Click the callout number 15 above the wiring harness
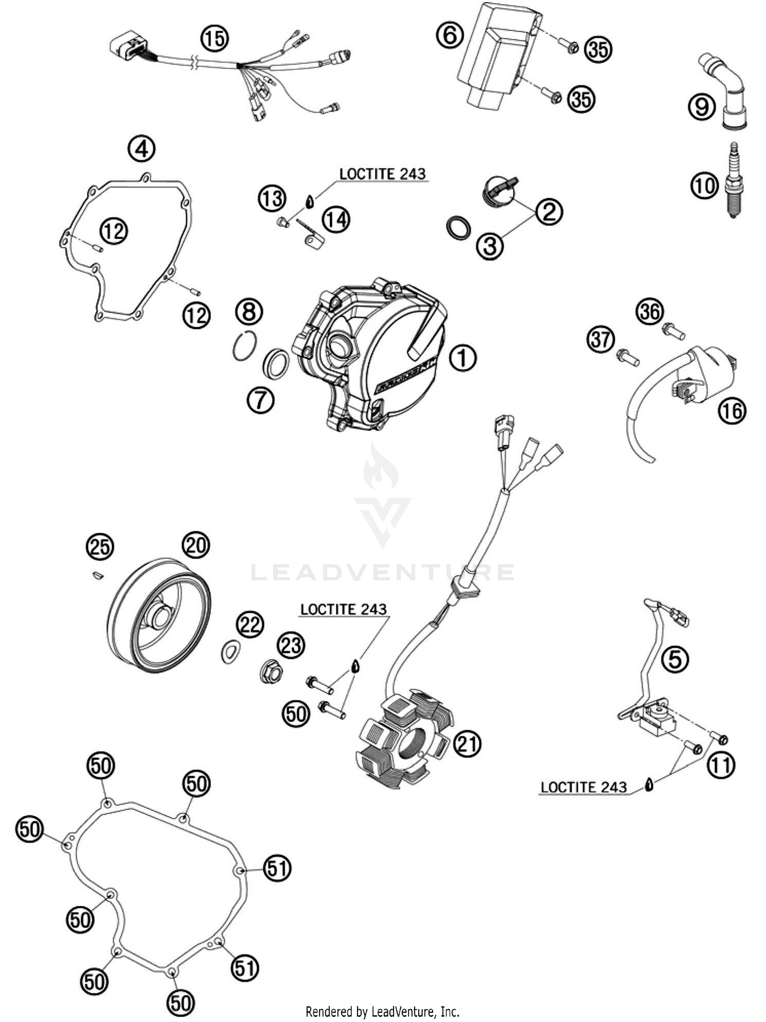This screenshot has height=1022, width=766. coord(214,38)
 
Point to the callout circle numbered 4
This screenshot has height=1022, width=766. coord(141,149)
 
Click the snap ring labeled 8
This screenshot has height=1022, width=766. coord(244,346)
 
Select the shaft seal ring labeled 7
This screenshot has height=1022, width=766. coord(276,363)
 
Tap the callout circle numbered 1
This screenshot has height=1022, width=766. coord(463,357)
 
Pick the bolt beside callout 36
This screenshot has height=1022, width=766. coord(674,331)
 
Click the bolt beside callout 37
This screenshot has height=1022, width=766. coord(628,357)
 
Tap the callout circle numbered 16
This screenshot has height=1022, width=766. coord(732,410)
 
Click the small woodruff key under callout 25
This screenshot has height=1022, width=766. coord(96,576)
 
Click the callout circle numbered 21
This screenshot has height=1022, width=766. coord(468,745)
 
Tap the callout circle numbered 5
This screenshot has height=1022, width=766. coord(675,659)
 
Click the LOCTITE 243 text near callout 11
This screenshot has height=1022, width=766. coord(583,787)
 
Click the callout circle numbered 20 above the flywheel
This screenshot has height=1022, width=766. coord(196,545)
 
